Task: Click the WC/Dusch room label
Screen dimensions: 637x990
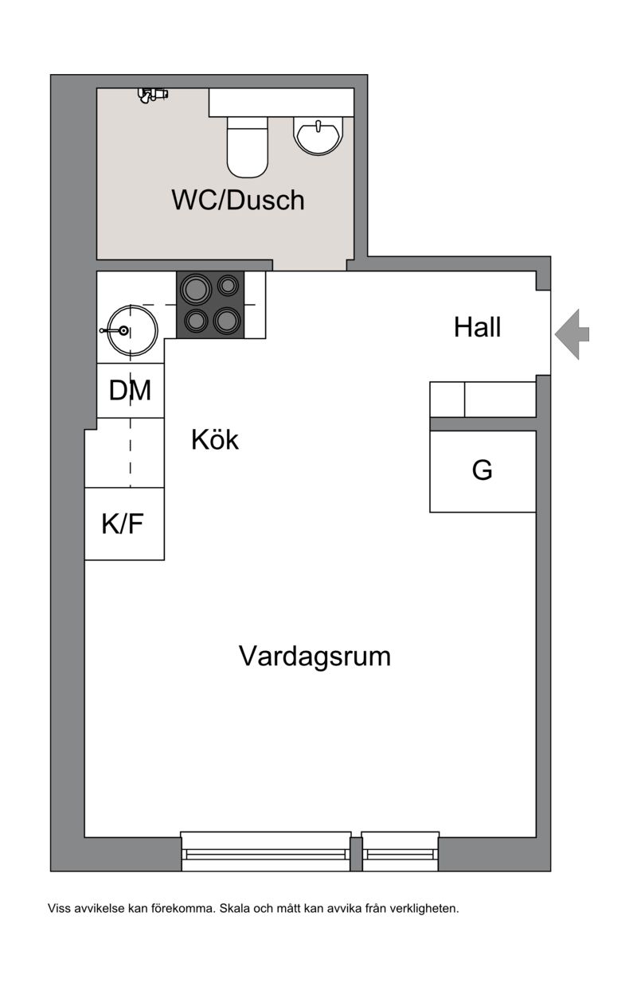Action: [238, 200]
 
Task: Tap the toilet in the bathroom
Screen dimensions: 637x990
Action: [247, 146]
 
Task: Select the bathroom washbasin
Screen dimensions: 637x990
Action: [318, 134]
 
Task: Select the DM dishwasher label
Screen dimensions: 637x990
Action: [130, 390]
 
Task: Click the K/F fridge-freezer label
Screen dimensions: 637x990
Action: [123, 524]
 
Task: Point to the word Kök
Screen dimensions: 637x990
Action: [215, 440]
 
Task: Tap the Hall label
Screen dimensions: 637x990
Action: [478, 328]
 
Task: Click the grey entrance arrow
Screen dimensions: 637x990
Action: [572, 334]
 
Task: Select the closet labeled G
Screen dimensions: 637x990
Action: [483, 471]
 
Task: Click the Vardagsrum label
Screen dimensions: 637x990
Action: [315, 656]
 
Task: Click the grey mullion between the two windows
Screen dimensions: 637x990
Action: [356, 854]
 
